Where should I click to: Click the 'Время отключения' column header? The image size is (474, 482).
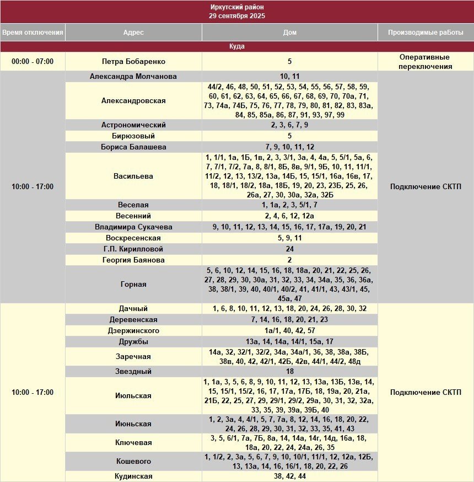33,33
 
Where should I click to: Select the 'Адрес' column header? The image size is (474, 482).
133,33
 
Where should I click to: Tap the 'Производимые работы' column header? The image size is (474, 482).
425,33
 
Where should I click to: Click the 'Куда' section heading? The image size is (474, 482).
237,46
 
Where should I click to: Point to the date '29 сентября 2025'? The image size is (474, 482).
237,16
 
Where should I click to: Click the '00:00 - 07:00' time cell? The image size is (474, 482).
33,62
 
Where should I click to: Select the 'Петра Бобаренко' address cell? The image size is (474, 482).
133,62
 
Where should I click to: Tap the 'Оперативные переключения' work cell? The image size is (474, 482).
425,62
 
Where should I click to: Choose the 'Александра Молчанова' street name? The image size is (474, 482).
133,77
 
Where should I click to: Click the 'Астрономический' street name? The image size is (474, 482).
133,125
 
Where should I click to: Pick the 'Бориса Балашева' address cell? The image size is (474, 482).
133,147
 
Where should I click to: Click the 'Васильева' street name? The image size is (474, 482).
133,176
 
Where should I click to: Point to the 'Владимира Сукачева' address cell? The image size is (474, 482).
133,227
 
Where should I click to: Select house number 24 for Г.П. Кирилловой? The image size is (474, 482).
289,249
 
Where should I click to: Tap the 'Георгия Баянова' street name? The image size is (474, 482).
133,260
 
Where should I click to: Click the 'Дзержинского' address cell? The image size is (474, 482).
133,331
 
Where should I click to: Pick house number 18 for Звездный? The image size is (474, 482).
289,372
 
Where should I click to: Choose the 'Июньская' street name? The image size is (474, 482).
133,424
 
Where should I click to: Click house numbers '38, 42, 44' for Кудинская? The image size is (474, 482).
289,476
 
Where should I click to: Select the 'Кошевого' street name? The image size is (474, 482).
133,462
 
